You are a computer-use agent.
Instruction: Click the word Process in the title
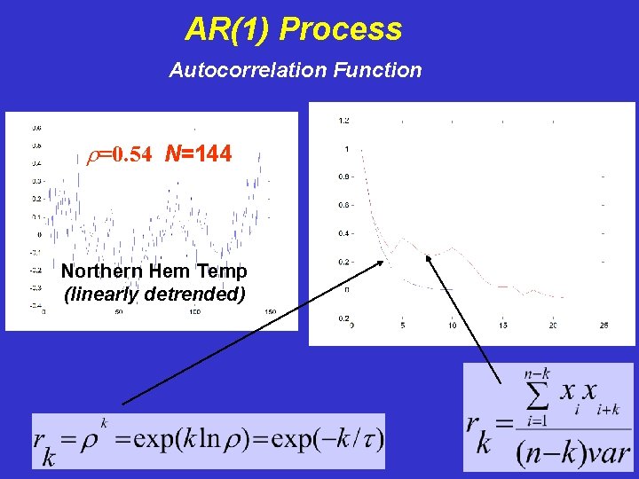(341, 30)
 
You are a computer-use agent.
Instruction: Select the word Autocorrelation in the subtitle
(231, 69)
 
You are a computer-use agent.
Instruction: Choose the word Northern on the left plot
(98, 271)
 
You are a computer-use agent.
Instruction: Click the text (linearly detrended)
(154, 293)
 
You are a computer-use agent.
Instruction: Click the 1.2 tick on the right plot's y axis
(343, 120)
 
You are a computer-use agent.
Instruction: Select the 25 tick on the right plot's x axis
(603, 326)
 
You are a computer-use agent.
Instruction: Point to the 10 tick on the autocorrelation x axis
(453, 326)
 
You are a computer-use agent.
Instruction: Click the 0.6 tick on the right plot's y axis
(343, 205)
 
